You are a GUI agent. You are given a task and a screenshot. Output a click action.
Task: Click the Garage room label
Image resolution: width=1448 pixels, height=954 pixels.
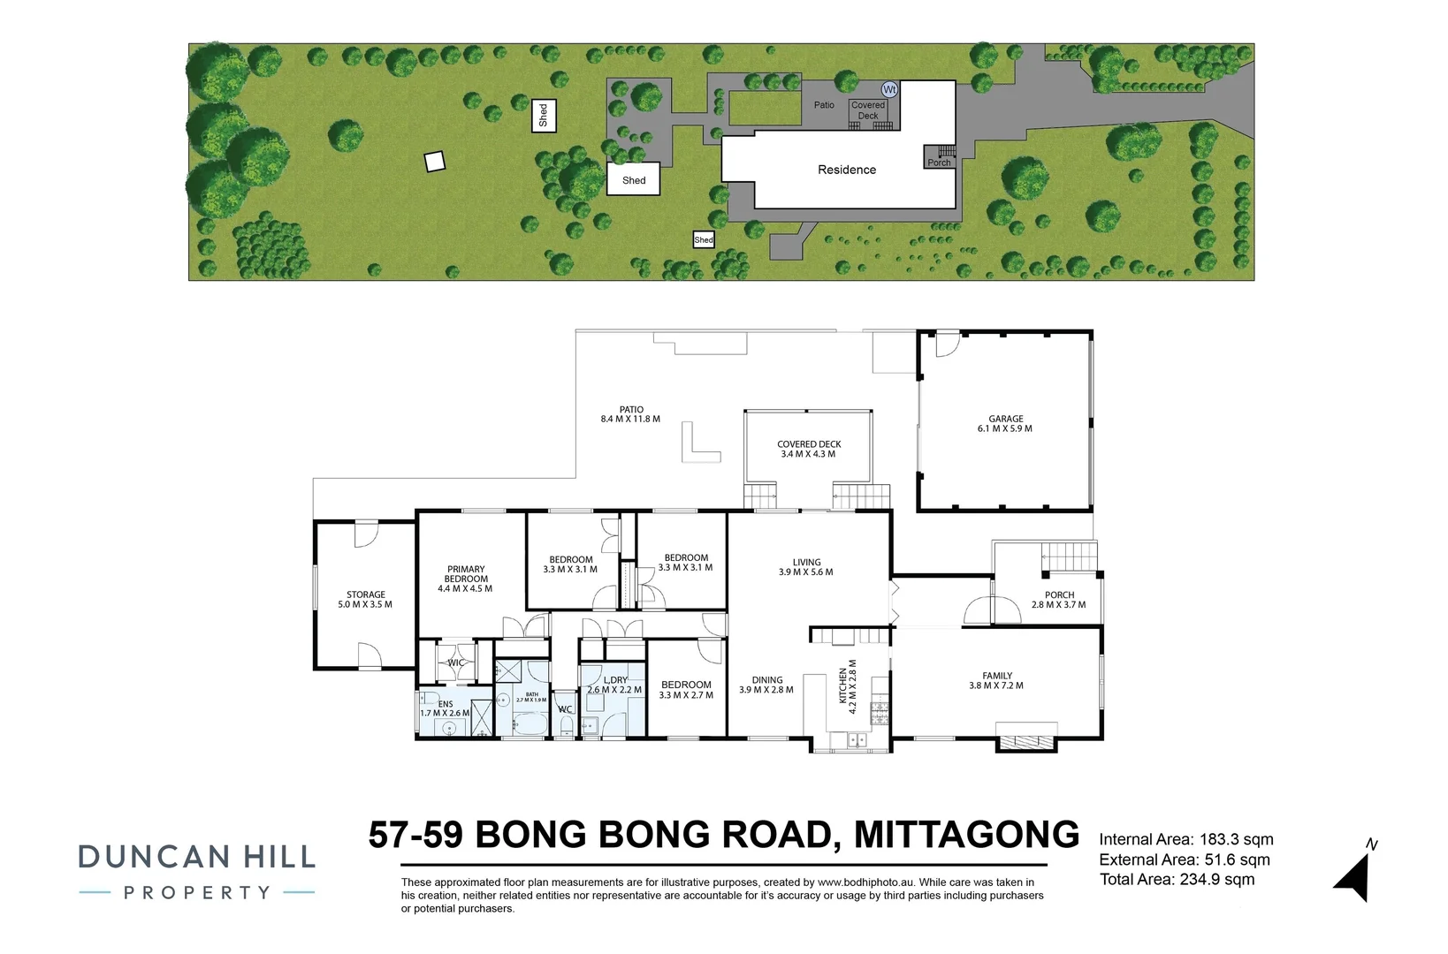pyautogui.click(x=1005, y=419)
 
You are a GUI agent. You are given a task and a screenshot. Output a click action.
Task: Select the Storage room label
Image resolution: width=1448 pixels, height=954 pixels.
pyautogui.click(x=365, y=594)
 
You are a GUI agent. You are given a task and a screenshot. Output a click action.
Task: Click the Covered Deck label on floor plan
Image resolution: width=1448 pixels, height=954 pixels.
pyautogui.click(x=809, y=444)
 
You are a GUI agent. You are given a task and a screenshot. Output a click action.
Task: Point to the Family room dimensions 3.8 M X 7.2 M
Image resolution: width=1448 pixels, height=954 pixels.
pyautogui.click(x=996, y=685)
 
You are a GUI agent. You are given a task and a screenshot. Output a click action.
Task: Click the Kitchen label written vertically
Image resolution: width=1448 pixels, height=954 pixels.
pyautogui.click(x=842, y=686)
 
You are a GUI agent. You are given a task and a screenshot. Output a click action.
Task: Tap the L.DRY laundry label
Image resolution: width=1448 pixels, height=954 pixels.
pyautogui.click(x=615, y=680)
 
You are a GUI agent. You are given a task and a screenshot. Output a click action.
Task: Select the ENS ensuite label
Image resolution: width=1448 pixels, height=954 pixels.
pyautogui.click(x=445, y=704)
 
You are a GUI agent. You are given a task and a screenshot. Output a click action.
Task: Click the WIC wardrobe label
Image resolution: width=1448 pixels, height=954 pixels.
pyautogui.click(x=456, y=662)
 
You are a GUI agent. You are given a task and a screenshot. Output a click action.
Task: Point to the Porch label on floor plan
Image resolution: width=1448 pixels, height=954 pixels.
pyautogui.click(x=1059, y=594)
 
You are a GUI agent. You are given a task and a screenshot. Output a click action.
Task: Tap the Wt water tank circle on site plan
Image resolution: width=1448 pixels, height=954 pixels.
pyautogui.click(x=889, y=89)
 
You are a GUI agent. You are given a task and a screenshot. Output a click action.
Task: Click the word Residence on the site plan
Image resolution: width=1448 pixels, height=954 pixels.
pyautogui.click(x=846, y=170)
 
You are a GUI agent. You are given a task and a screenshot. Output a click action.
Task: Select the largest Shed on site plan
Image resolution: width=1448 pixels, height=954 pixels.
pyautogui.click(x=633, y=179)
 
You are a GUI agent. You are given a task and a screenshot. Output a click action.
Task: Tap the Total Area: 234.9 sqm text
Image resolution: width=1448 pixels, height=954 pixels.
pyautogui.click(x=1177, y=879)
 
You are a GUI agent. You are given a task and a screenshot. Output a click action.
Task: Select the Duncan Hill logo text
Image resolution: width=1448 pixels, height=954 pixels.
pyautogui.click(x=196, y=857)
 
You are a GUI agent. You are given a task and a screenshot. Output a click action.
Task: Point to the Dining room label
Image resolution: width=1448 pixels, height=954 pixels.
pyautogui.click(x=766, y=680)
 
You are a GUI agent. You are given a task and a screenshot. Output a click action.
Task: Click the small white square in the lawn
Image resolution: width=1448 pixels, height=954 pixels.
pyautogui.click(x=433, y=162)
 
